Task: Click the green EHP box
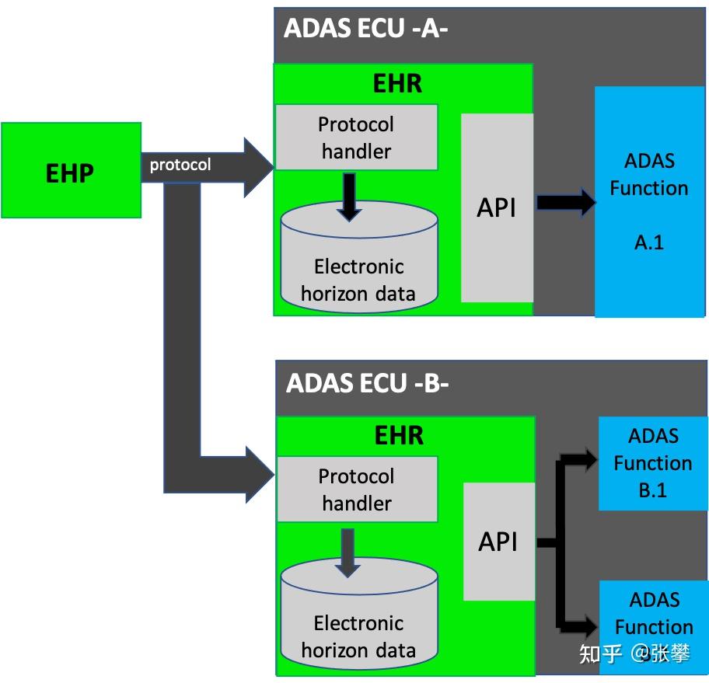[71, 170]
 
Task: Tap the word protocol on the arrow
[180, 165]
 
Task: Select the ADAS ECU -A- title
[365, 28]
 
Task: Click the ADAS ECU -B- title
[367, 383]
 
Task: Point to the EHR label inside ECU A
[397, 84]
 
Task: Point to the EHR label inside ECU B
[399, 435]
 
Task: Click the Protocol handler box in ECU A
[356, 138]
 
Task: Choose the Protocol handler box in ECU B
[357, 489]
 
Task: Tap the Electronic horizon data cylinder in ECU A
[359, 256]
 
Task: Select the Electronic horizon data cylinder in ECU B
[359, 613]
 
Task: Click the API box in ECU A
[497, 207]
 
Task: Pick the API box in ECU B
[499, 542]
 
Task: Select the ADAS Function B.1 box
[653, 463]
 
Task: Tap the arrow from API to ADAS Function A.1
[566, 203]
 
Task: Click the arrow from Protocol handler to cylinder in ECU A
[349, 197]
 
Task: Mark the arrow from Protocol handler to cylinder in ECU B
[348, 553]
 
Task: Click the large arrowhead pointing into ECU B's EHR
[260, 475]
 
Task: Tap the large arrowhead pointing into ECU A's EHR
[259, 167]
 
